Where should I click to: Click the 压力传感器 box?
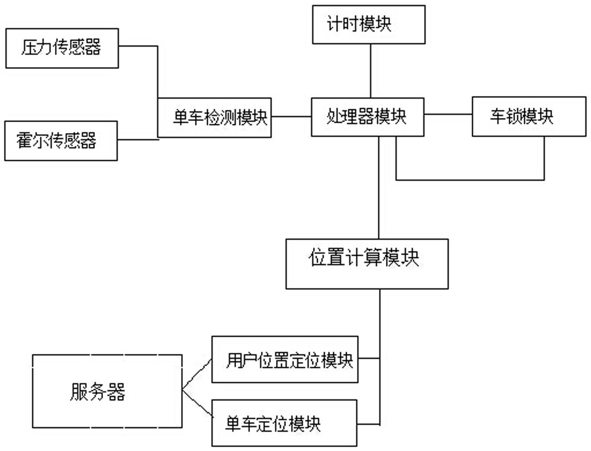pyautogui.click(x=61, y=48)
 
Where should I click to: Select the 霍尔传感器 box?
pyautogui.click(x=61, y=141)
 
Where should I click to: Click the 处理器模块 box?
pyautogui.click(x=367, y=117)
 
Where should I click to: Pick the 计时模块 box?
pyautogui.click(x=369, y=24)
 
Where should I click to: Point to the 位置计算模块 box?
pyautogui.click(x=367, y=263)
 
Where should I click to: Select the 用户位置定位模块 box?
pyautogui.click(x=285, y=359)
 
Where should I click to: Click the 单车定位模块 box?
pyautogui.click(x=285, y=423)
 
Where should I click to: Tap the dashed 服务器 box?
pyautogui.click(x=107, y=392)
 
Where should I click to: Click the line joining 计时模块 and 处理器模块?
pyautogui.click(x=370, y=70)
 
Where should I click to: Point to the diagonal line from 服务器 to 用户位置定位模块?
pyautogui.click(x=197, y=374)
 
